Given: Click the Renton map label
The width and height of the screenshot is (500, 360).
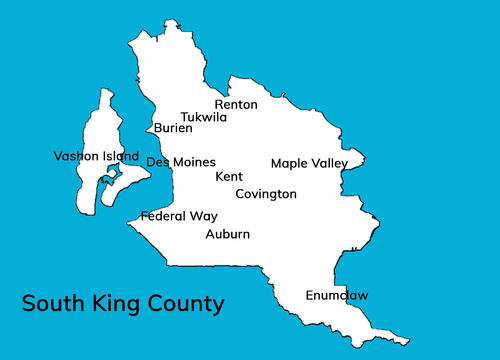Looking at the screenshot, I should [236, 105].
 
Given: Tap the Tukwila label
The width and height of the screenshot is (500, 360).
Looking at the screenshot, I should [203, 118].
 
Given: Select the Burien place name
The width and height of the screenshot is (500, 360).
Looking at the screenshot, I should [173, 128].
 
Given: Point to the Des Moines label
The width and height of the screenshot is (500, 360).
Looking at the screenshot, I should [181, 162].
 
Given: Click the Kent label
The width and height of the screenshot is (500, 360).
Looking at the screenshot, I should [229, 177].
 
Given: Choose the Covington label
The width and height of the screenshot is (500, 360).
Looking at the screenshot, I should [266, 194].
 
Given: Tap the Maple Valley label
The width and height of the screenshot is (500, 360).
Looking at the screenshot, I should [309, 163].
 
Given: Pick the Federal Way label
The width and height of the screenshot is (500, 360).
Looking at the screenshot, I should [179, 216].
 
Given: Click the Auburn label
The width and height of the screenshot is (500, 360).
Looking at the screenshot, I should [227, 235].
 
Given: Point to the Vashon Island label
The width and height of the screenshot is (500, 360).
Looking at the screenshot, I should [96, 156].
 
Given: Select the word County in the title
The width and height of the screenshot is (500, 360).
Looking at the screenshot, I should [187, 304].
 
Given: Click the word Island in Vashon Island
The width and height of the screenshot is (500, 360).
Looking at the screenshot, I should [121, 156].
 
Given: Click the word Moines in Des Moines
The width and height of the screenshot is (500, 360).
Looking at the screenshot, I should [193, 162].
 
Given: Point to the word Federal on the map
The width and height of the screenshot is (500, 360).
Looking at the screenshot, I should [163, 216].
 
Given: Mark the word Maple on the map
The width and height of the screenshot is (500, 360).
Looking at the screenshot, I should [290, 164].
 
